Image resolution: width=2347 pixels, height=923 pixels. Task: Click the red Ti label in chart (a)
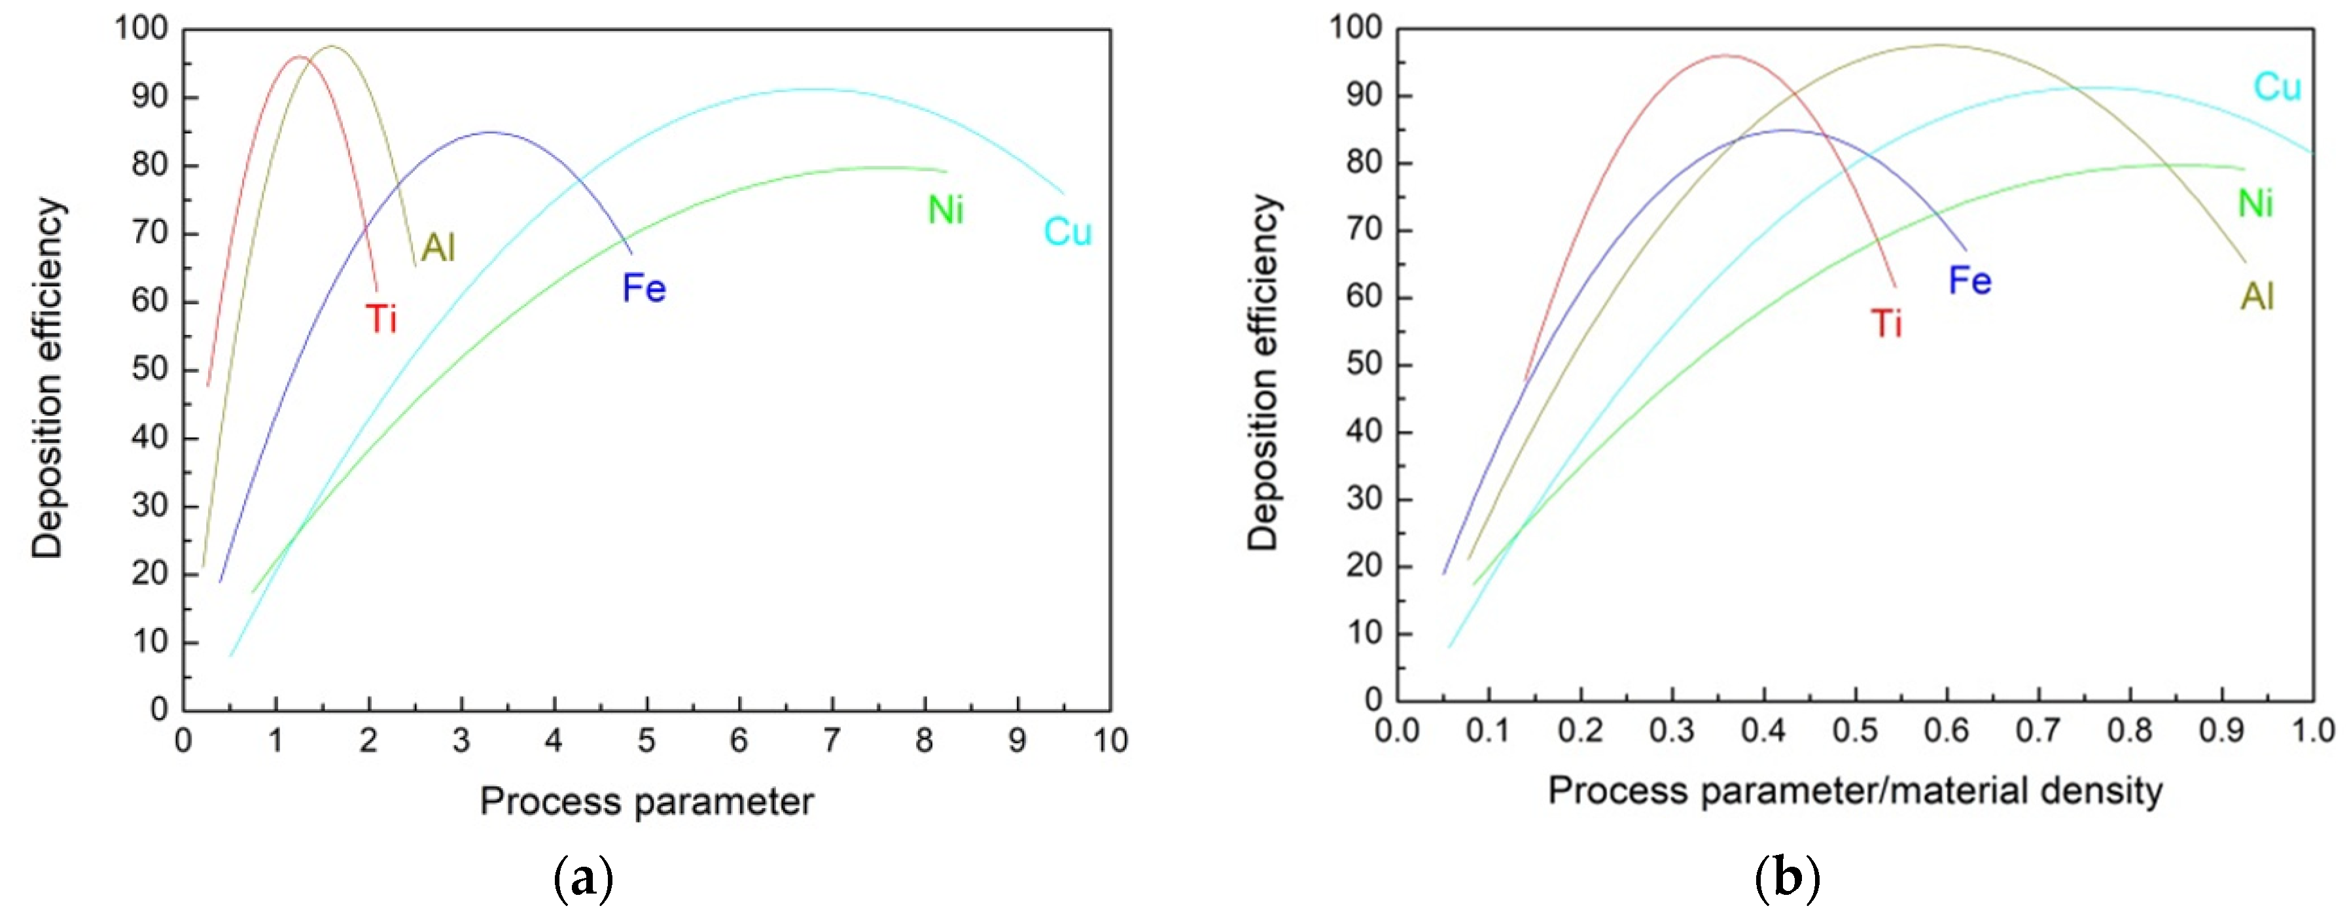tap(381, 319)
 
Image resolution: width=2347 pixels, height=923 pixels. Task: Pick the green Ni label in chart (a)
tap(945, 211)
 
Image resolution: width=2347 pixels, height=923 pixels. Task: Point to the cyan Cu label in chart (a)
tap(1067, 232)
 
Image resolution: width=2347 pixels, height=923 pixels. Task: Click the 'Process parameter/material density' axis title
tap(1855, 791)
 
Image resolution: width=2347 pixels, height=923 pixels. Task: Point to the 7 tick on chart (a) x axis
tap(832, 740)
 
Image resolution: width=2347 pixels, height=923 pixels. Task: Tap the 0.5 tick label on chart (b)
tap(1855, 731)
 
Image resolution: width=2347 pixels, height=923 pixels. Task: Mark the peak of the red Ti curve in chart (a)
tap(299, 56)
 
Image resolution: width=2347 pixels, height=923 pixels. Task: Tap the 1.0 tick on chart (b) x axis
tap(2312, 731)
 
